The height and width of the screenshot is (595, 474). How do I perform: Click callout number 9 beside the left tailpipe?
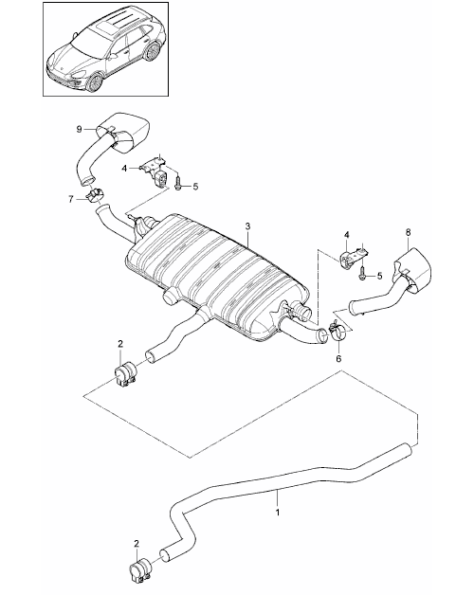click(x=79, y=130)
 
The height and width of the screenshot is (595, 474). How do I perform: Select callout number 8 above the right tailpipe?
click(x=408, y=232)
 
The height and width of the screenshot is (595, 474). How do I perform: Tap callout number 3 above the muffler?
click(x=247, y=226)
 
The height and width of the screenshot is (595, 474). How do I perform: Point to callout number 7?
click(x=71, y=199)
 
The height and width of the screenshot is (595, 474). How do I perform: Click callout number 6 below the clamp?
click(x=338, y=358)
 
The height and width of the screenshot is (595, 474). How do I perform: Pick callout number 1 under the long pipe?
click(x=278, y=512)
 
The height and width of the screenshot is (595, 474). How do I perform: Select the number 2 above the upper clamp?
click(x=120, y=344)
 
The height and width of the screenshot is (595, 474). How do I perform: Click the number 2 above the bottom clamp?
click(x=137, y=544)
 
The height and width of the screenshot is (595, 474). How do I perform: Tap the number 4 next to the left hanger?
click(x=124, y=168)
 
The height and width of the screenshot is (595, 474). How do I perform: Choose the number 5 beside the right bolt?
click(x=379, y=276)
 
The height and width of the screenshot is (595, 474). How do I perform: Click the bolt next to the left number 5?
click(x=178, y=185)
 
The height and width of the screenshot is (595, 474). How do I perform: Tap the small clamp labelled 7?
click(x=95, y=196)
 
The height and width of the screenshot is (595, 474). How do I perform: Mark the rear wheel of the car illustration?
click(x=152, y=51)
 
